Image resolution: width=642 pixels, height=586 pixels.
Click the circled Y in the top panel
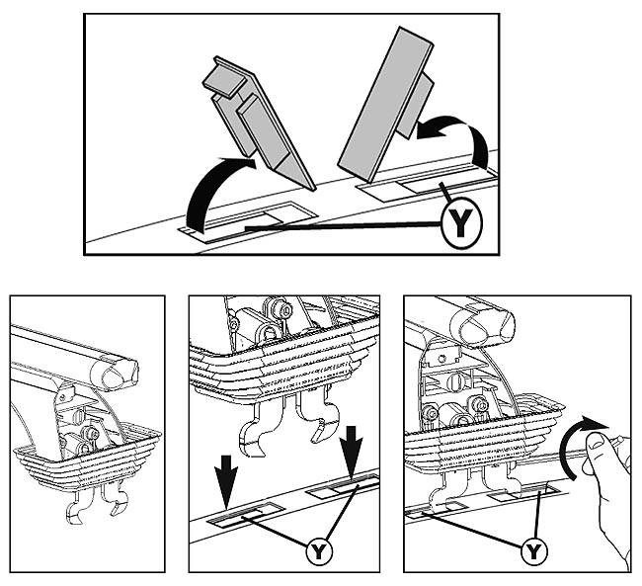461,223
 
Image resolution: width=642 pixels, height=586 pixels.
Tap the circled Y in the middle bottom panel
319,552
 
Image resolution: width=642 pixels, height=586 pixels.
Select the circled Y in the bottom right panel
534,551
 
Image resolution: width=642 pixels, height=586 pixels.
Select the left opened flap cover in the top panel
258,123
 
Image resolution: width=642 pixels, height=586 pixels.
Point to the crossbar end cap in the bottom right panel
483,324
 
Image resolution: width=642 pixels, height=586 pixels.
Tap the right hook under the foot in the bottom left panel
118,499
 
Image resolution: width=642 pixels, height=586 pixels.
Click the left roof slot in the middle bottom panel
246,514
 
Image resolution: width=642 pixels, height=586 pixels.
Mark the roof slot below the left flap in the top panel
249,222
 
